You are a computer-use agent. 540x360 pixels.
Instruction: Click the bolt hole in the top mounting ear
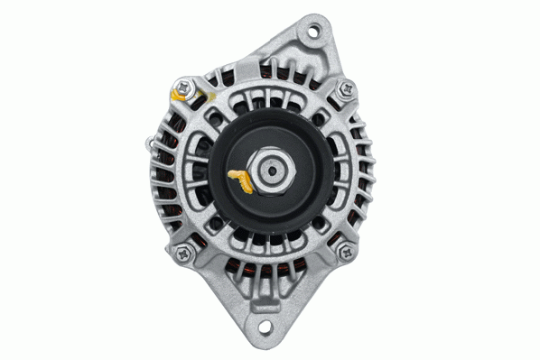(314, 32)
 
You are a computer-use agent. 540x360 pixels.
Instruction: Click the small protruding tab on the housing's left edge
(146, 142)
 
